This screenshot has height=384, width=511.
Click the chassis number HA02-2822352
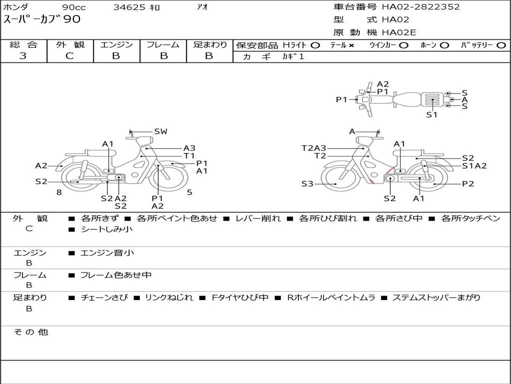pyautogui.click(x=421, y=7)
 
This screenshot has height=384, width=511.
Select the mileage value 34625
pyautogui.click(x=129, y=7)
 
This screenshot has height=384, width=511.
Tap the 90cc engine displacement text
pyautogui.click(x=74, y=7)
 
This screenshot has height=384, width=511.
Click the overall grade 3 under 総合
pyautogui.click(x=23, y=56)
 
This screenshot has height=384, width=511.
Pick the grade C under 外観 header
pyautogui.click(x=69, y=56)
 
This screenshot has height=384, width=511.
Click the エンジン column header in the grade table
pyautogui.click(x=116, y=44)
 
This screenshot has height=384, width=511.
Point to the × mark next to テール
pyautogui.click(x=351, y=45)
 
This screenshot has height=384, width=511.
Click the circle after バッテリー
pyautogui.click(x=501, y=45)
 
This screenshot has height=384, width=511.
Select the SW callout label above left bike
pyautogui.click(x=161, y=131)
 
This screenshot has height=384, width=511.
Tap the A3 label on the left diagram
pyautogui.click(x=189, y=148)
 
